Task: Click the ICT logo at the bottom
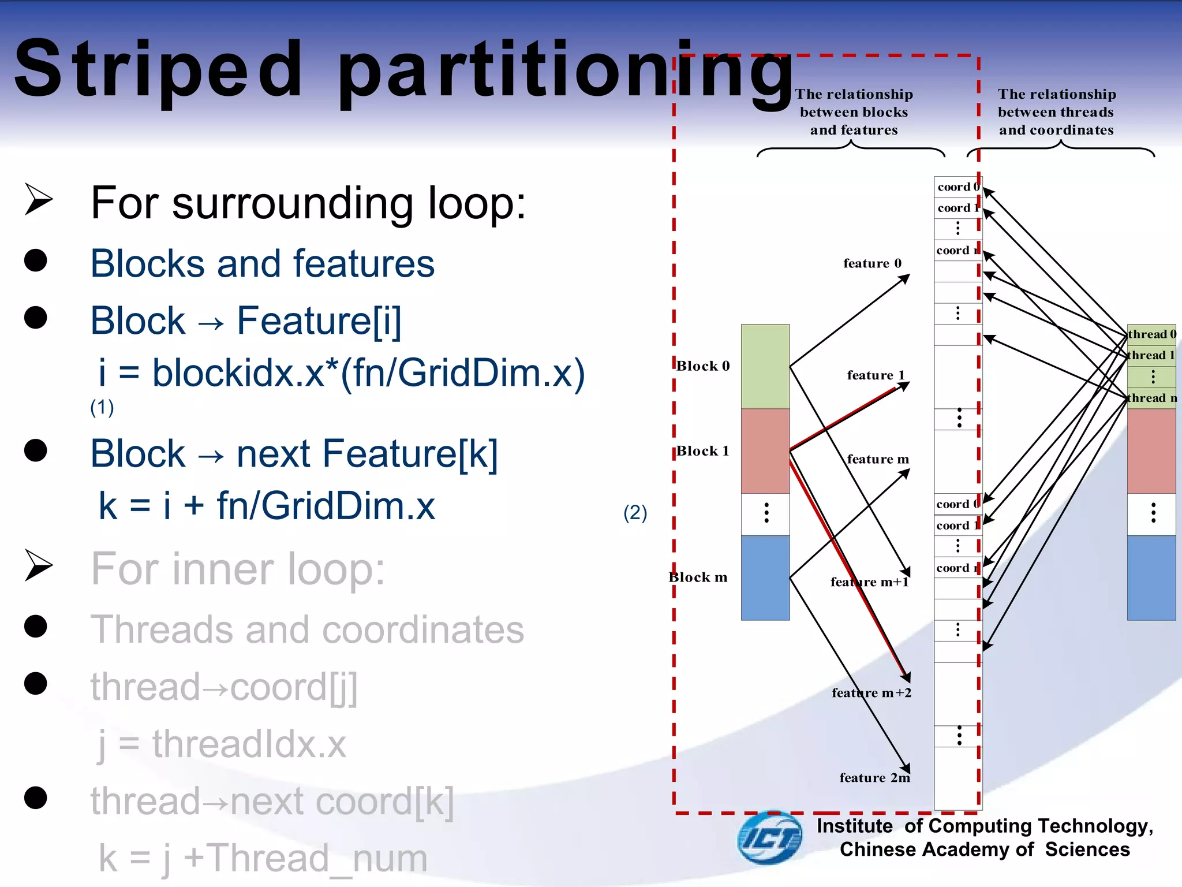[769, 837]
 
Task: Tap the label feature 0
[872, 263]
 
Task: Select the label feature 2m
[874, 778]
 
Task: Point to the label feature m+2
[871, 693]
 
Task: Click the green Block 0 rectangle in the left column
[765, 366]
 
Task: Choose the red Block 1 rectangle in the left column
[765, 451]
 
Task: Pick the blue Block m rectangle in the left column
[765, 577]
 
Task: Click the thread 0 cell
[1151, 334]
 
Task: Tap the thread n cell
[1151, 398]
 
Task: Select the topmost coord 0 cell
[957, 187]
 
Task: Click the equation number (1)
[102, 408]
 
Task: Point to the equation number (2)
[635, 513]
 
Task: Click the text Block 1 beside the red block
[702, 451]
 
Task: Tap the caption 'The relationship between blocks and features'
[854, 112]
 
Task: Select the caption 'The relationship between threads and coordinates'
[1056, 112]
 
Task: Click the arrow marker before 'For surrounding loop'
[39, 200]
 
